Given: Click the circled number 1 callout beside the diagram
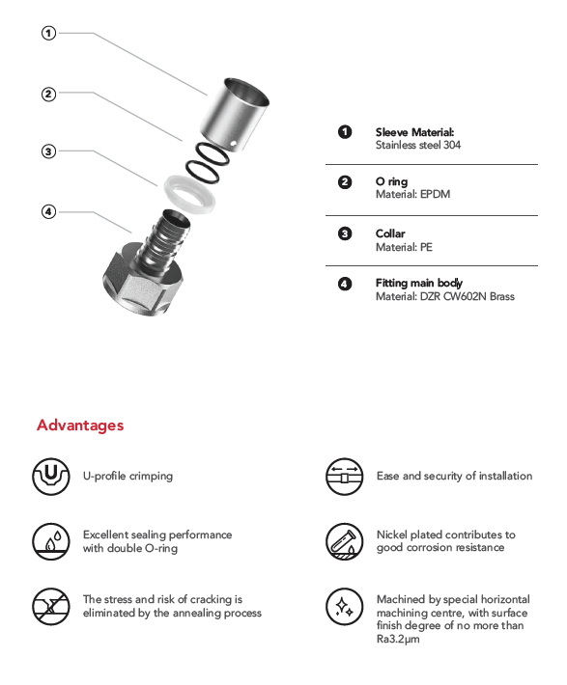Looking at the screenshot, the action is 48,33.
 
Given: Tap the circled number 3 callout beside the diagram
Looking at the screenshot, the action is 48,151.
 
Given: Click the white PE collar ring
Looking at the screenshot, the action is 189,193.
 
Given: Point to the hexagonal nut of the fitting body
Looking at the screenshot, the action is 138,283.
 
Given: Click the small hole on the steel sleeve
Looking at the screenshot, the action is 235,143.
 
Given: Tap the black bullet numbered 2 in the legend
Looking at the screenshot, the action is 345,181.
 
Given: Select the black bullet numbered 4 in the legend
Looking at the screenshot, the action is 345,284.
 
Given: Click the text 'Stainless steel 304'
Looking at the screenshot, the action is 418,145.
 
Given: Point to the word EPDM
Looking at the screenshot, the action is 435,194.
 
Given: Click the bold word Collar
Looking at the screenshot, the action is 390,233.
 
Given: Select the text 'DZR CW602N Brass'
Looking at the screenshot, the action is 468,296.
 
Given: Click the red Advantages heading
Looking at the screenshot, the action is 80,425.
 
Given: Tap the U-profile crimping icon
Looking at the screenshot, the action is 51,477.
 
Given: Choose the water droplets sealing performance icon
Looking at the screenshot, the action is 51,541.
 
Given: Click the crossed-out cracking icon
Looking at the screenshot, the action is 51,606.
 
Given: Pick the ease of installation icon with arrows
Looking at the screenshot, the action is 344,477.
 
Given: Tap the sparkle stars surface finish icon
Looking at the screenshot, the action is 344,606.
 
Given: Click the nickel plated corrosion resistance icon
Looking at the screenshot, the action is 344,541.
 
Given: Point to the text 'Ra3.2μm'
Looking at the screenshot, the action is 398,639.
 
